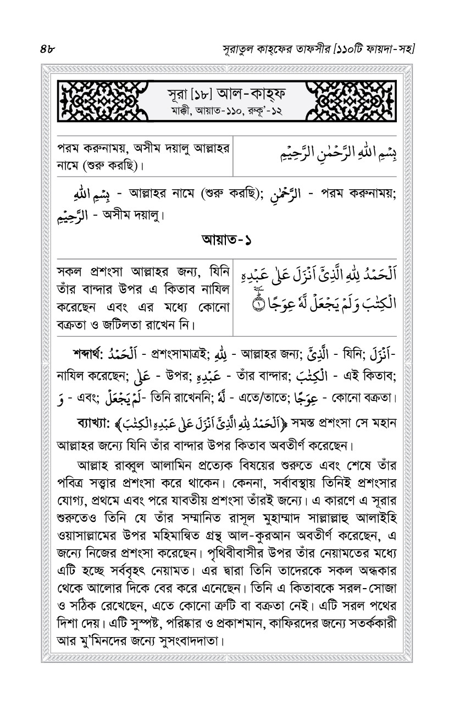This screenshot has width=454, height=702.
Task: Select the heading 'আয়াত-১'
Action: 227,240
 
